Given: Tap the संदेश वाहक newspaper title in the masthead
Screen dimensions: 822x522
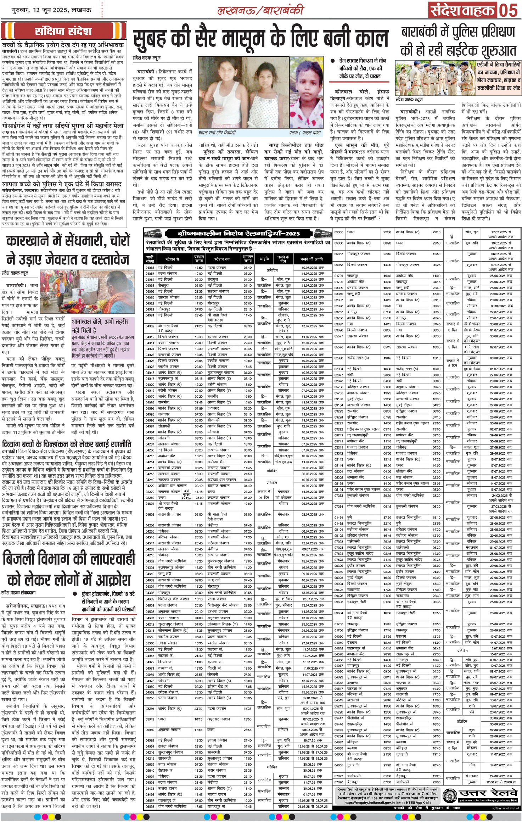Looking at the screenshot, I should (x=462, y=11).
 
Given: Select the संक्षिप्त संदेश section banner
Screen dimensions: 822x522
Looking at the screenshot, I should (x=63, y=31).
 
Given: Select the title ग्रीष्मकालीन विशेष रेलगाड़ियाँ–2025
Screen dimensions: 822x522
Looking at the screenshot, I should (x=238, y=234).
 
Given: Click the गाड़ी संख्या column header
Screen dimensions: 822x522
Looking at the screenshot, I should (x=150, y=259).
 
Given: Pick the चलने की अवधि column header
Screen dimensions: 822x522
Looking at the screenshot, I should (x=312, y=259).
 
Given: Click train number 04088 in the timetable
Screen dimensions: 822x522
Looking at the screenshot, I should (x=150, y=268).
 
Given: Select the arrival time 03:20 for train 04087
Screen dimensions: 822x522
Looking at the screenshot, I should (x=248, y=274).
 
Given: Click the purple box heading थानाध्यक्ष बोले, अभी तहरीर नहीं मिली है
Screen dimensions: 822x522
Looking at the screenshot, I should (x=100, y=326).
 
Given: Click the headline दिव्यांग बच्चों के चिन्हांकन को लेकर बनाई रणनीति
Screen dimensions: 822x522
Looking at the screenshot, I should (x=67, y=444).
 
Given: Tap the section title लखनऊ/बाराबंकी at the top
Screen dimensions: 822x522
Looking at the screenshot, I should (x=260, y=10).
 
